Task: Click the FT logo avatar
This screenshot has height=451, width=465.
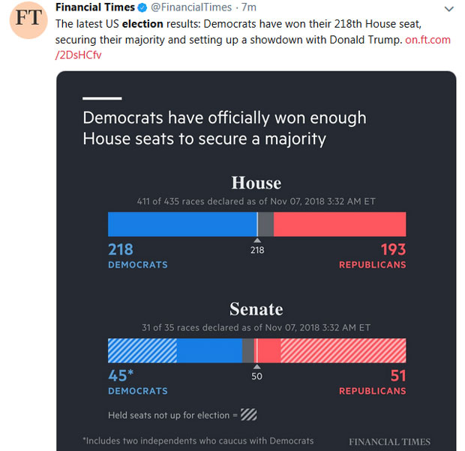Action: coord(28,20)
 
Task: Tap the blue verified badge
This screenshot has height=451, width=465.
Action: coord(142,8)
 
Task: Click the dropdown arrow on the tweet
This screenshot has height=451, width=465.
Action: coord(448,9)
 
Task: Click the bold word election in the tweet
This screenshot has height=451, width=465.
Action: coord(142,24)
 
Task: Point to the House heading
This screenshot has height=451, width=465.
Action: coord(256,183)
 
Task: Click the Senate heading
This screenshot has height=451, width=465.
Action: coord(256,309)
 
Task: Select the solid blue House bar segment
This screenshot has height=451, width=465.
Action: coord(181,224)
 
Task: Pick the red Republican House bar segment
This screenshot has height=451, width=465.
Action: coord(340,224)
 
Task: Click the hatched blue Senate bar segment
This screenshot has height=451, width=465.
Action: coord(142,350)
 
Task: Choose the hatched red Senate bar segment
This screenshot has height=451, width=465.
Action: coord(343,350)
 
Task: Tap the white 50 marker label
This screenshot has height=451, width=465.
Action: coord(256,376)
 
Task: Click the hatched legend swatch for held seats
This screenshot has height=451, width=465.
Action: coord(248,414)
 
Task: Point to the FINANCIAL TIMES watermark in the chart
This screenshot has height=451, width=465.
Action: coord(389,441)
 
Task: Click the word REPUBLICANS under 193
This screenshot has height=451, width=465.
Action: coord(372,265)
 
